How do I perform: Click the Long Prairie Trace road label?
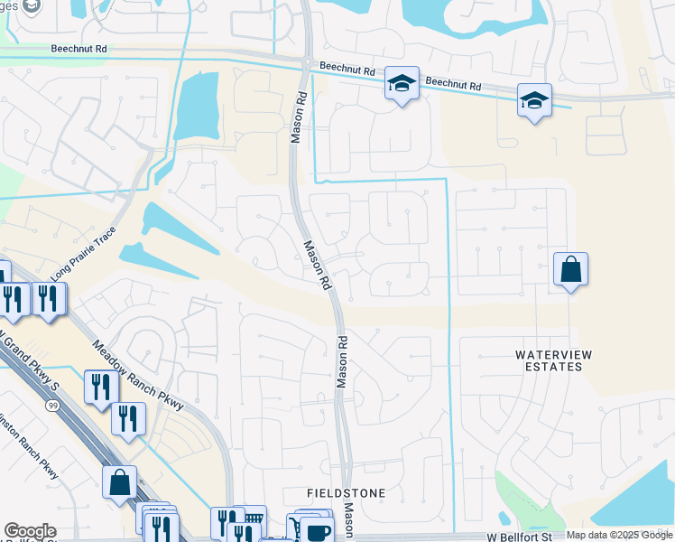pyautogui.click(x=85, y=252)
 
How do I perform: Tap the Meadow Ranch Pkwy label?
pyautogui.click(x=137, y=375)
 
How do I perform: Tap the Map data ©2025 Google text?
pyautogui.click(x=616, y=535)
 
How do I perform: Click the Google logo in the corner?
pyautogui.click(x=30, y=531)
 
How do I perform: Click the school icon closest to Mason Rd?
pyautogui.click(x=402, y=84)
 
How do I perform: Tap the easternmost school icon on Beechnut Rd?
pyautogui.click(x=534, y=100)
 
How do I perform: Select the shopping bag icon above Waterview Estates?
pyautogui.click(x=570, y=269)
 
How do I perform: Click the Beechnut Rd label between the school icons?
pyautogui.click(x=454, y=84)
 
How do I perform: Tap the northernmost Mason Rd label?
pyautogui.click(x=296, y=117)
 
